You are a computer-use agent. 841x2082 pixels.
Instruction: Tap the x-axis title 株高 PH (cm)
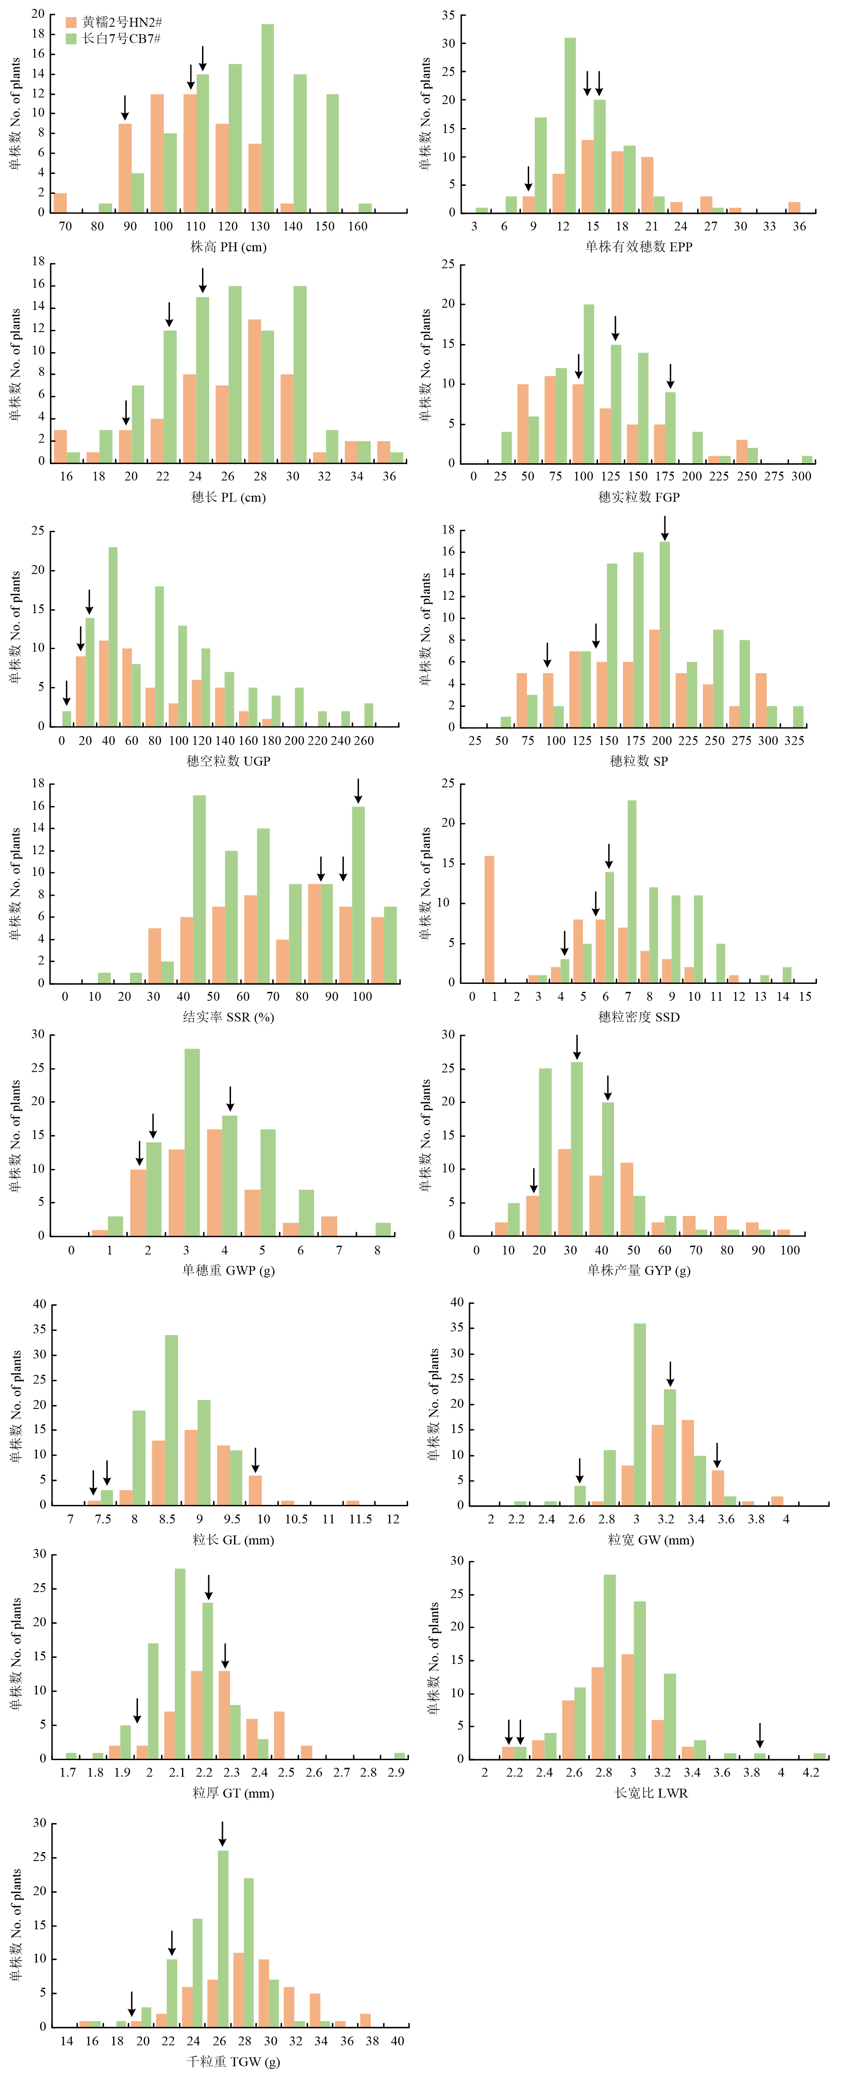click(x=228, y=246)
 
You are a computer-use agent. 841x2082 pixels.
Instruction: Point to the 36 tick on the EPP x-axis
click(x=799, y=226)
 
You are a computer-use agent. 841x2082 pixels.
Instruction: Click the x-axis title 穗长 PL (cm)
click(x=228, y=497)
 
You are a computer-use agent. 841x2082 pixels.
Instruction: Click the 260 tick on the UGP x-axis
click(x=365, y=740)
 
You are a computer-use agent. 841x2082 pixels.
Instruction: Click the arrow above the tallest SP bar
click(x=665, y=528)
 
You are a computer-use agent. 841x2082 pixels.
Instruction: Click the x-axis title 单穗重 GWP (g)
click(x=228, y=1270)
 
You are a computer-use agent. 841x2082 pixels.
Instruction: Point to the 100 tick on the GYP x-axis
click(x=790, y=1250)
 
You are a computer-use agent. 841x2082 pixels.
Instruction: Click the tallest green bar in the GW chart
click(x=639, y=1414)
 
